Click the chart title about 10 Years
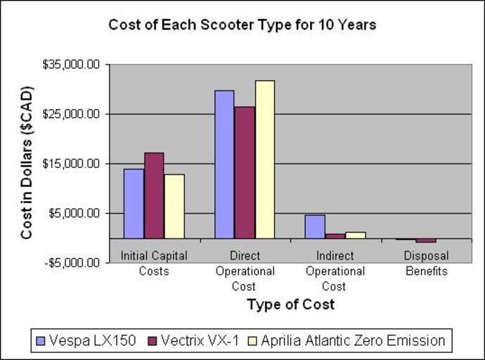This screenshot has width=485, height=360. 242,25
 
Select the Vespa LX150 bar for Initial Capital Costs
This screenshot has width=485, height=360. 134,203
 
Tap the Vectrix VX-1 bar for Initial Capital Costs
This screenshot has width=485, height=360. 154,195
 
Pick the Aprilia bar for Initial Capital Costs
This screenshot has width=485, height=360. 174,206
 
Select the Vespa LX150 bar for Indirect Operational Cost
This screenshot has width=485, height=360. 315,226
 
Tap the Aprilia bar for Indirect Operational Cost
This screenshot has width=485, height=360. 356,235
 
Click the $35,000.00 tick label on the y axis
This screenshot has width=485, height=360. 72,65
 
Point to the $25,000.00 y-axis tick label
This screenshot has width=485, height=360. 72,114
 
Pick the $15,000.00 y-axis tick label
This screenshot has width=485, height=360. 72,164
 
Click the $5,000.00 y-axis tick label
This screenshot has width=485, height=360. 75,213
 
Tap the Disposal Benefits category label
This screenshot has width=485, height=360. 427,263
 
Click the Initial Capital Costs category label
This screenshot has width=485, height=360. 154,263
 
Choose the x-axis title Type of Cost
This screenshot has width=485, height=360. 290,304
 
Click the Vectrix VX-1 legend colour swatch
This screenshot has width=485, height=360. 152,341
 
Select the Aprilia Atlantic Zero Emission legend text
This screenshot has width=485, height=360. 353,341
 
